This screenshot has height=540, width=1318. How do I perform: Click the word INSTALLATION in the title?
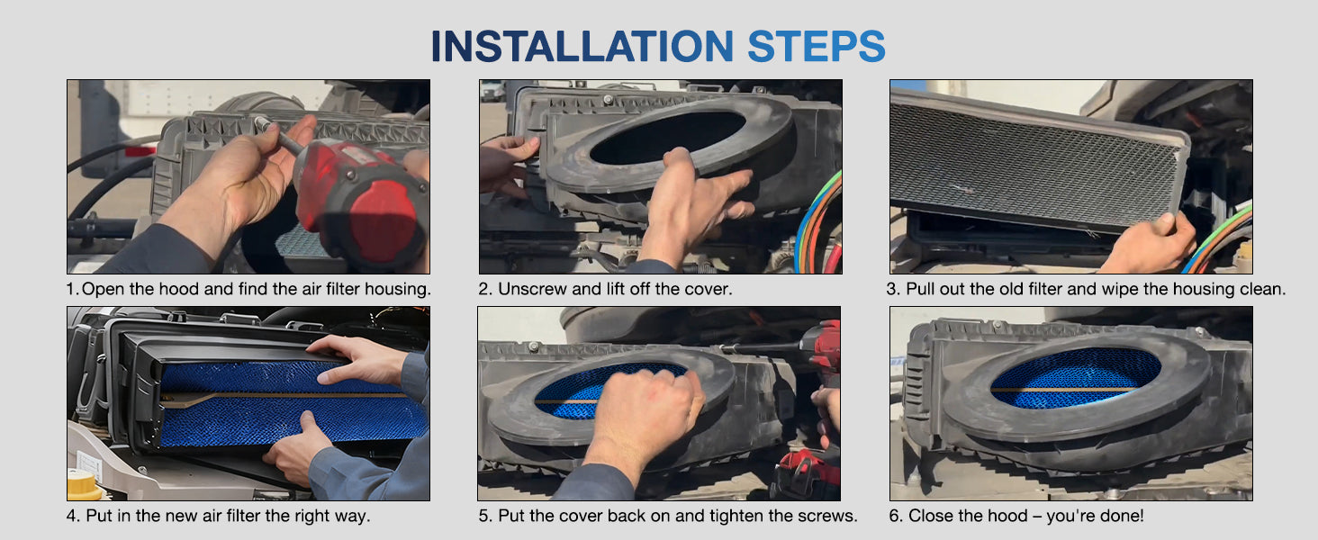click(582, 47)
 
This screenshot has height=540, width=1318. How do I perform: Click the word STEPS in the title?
click(817, 47)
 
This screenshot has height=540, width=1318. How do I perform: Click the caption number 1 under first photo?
click(72, 290)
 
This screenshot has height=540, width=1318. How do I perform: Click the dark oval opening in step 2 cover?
click(667, 138)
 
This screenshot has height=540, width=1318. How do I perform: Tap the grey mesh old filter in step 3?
click(1035, 162)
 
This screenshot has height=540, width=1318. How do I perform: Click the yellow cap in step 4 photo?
click(85, 484)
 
